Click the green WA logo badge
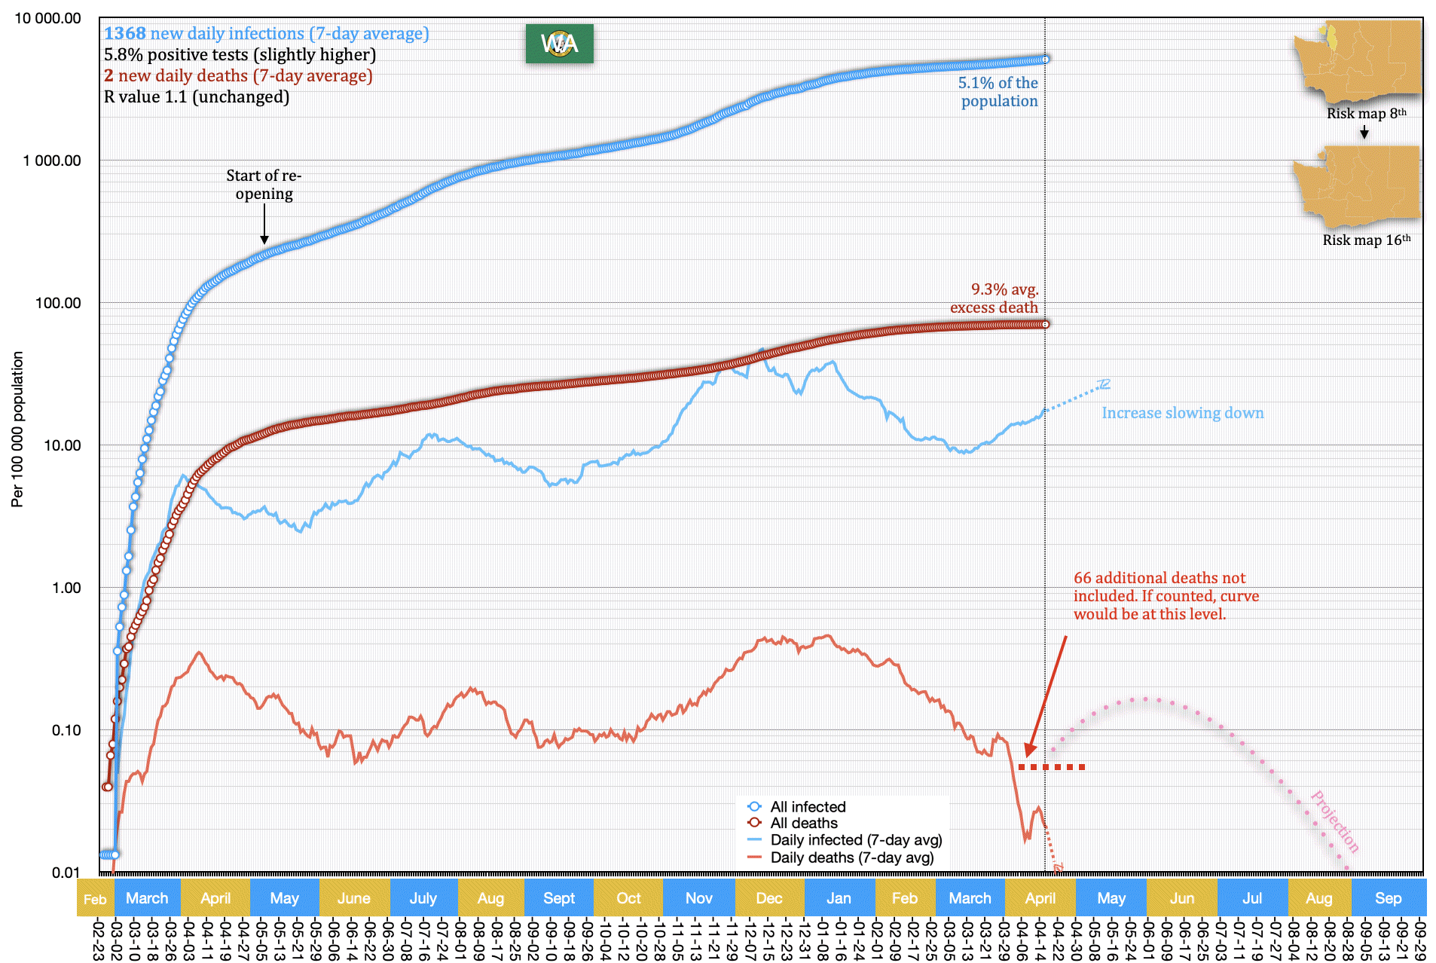(x=559, y=44)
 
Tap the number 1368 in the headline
(x=125, y=34)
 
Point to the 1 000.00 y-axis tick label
(x=52, y=160)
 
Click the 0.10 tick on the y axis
(x=66, y=730)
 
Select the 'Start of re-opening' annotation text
(x=264, y=185)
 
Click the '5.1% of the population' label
(x=998, y=92)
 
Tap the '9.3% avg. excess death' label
(x=995, y=298)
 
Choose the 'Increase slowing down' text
(x=1182, y=413)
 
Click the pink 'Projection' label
(x=1335, y=821)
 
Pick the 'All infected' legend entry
(x=807, y=807)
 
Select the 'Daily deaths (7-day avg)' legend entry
(x=851, y=858)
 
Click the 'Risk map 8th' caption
(x=1366, y=114)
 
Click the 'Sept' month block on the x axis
(x=559, y=898)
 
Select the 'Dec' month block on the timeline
(x=769, y=898)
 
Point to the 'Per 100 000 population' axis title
(x=17, y=430)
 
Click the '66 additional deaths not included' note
(x=1166, y=596)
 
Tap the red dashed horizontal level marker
(x=1052, y=767)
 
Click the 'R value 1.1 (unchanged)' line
(x=197, y=97)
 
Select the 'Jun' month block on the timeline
(x=1181, y=898)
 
